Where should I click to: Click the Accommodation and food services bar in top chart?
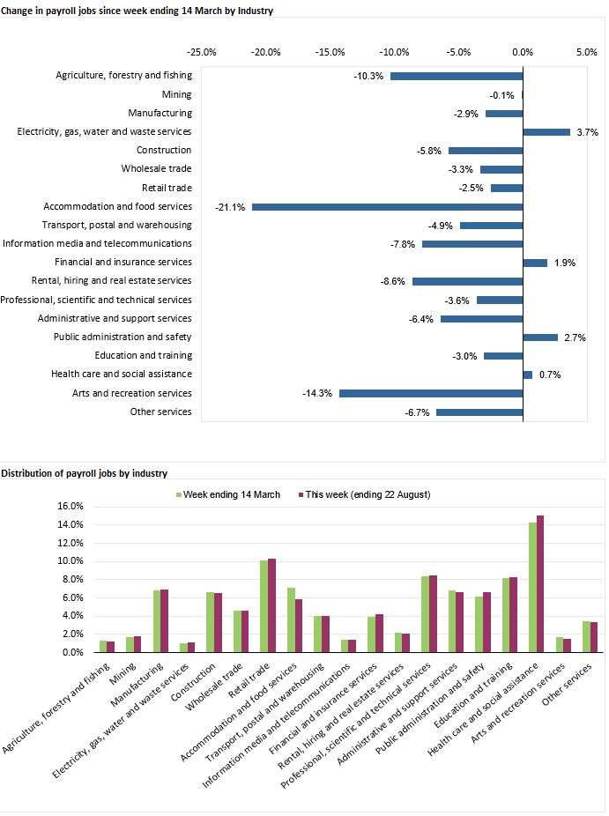pos(388,207)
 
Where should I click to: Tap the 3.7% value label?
pos(588,132)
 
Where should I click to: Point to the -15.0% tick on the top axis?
pos(330,52)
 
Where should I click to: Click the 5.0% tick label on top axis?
pos(587,52)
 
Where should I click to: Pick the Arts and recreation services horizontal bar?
pos(431,394)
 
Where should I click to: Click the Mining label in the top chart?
pos(176,94)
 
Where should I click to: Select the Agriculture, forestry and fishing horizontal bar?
pos(457,76)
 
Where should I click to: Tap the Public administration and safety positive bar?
pos(540,338)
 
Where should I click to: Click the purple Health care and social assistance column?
pos(540,584)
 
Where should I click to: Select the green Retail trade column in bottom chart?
pos(263,606)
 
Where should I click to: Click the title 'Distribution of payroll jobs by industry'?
pos(85,473)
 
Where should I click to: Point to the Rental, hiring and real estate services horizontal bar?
pos(468,281)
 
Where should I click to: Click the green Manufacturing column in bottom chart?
pos(157,621)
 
